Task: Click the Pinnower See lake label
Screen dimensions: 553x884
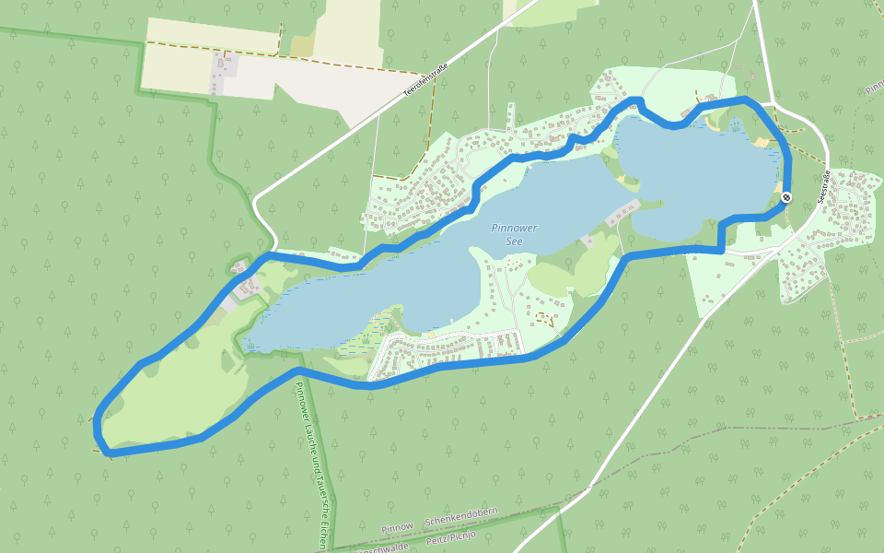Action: coord(514,234)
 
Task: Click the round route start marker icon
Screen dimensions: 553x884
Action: coord(786,197)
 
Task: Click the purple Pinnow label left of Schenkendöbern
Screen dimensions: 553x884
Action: coord(398,527)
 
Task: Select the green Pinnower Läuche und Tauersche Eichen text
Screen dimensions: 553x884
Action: coord(308,461)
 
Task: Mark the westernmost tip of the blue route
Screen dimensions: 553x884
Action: coord(97,422)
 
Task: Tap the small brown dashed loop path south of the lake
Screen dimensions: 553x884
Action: coord(544,320)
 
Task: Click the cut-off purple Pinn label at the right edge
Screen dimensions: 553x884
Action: coord(874,90)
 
